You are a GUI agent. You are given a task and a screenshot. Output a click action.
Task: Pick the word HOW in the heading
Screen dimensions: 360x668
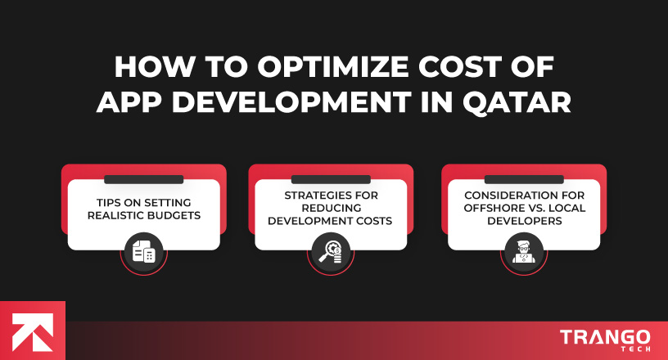pyautogui.click(x=143, y=68)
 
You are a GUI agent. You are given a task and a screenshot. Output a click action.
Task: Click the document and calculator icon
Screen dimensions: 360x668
pyautogui.click(x=143, y=252)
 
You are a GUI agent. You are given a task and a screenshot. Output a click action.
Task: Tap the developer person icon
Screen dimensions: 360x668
pyautogui.click(x=523, y=252)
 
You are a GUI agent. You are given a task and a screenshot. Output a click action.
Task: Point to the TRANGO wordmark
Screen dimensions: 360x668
pyautogui.click(x=606, y=336)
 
